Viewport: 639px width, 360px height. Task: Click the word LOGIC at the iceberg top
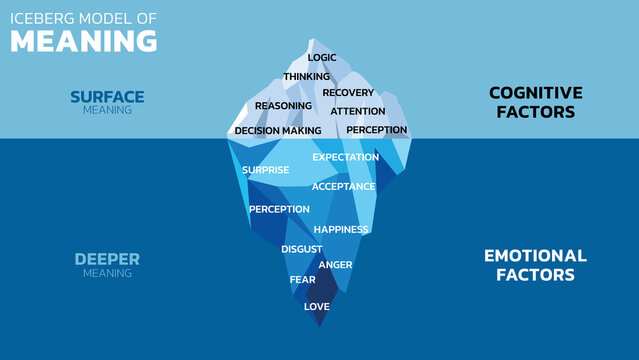[322, 58]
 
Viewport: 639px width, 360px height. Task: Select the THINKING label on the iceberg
[307, 77]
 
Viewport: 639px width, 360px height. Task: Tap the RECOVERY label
[348, 93]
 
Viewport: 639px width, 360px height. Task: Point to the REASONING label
[283, 106]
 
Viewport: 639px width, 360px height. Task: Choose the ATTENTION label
[358, 111]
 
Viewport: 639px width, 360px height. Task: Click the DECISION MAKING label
[278, 131]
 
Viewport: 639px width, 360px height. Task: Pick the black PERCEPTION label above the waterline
[377, 130]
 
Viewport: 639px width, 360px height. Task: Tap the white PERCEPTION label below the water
[279, 209]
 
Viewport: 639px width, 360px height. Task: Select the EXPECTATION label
[346, 157]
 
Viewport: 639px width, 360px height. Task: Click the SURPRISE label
[265, 170]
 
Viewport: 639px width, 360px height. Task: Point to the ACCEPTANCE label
[343, 187]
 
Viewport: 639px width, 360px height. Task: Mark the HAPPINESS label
[341, 229]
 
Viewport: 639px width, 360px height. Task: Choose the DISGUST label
[301, 248]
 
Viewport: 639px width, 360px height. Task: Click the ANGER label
[336, 265]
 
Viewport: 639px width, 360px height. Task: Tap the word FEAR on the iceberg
[302, 280]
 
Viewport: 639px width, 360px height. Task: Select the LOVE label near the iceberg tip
[317, 307]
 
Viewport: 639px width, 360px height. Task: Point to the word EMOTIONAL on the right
[535, 256]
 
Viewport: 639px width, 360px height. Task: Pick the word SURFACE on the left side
[107, 96]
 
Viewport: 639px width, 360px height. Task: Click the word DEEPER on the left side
[107, 259]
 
